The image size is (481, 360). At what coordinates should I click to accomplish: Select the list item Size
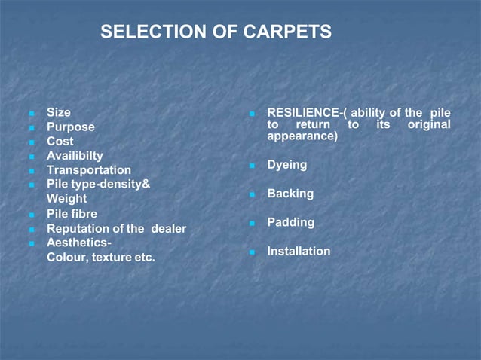pos(59,112)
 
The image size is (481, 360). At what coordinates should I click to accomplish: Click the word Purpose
pos(71,127)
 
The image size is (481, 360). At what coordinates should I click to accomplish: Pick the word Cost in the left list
pos(60,141)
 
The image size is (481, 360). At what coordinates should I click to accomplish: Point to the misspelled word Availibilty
pos(75,155)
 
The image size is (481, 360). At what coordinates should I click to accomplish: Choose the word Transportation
pos(89,170)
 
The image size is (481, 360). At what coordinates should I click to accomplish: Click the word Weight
pos(66,199)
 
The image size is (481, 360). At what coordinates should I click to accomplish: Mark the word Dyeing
pos(287,164)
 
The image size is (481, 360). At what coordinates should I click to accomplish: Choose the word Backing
pos(290,194)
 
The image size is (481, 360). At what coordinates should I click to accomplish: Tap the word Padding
pos(291,222)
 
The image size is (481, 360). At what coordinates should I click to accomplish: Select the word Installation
pos(299,251)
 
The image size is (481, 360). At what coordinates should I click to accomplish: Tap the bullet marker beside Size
pos(32,114)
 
